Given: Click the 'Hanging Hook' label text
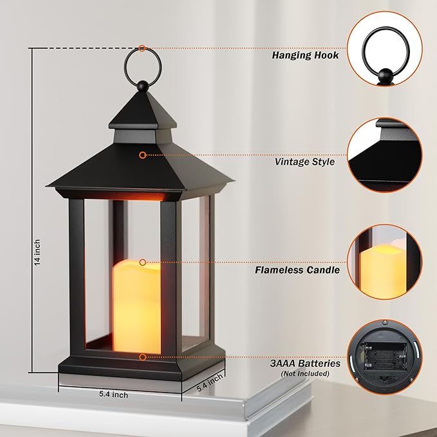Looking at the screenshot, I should [x=305, y=55].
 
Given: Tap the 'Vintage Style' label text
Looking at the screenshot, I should [x=304, y=162].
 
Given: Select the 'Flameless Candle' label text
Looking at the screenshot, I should [x=297, y=270].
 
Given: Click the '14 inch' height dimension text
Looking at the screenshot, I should [x=37, y=252].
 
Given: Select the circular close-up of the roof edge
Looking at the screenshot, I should [x=389, y=155].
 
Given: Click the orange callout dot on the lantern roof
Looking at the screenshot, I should [x=142, y=155].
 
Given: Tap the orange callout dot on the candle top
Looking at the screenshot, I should [x=142, y=262].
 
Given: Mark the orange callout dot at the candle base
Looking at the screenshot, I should [x=142, y=356].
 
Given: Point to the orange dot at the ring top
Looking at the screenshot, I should [x=142, y=48].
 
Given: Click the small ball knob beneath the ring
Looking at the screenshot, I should [x=141, y=84].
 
